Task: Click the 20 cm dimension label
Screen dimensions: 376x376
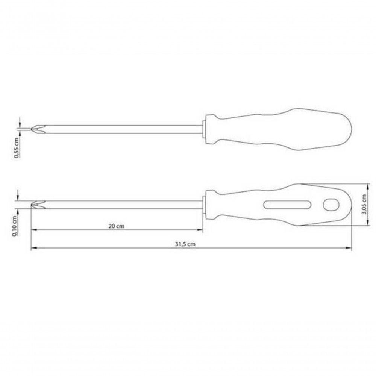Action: [x=116, y=226]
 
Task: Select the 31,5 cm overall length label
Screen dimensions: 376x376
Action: [x=185, y=244]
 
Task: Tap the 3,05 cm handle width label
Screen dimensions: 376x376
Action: [x=364, y=204]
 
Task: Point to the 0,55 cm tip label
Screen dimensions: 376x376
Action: [x=16, y=148]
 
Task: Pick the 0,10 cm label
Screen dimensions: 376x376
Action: [x=15, y=226]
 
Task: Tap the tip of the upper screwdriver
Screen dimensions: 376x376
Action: [x=32, y=129]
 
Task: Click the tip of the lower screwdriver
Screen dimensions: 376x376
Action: [x=32, y=205]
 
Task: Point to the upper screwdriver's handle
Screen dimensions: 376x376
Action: [x=279, y=129]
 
